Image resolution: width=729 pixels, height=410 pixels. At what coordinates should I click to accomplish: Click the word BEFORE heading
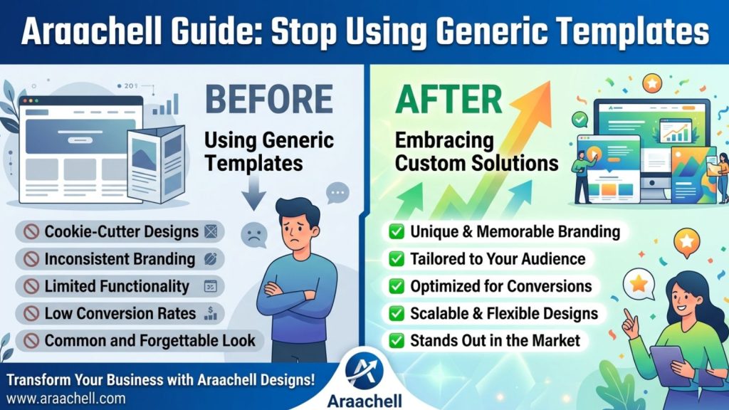268,99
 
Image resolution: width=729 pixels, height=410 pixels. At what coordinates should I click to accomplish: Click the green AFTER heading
449,99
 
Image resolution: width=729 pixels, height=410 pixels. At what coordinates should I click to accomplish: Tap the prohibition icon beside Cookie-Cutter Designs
31,231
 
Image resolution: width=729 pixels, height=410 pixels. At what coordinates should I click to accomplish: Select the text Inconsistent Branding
120,259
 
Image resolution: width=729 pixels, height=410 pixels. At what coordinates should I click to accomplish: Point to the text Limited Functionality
117,286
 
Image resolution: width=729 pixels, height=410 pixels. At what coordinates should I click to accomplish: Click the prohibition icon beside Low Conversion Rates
31,313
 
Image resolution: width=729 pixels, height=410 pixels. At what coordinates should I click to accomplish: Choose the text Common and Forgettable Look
150,341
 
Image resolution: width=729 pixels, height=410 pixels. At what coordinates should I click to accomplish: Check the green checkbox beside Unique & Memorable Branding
397,231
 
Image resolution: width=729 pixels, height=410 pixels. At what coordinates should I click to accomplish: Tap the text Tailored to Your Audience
498,259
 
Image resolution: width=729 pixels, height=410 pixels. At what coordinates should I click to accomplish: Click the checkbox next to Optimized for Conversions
397,286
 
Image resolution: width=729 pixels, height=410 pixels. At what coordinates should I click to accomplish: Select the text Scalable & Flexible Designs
504,314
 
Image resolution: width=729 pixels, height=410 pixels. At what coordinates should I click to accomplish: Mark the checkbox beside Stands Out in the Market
397,341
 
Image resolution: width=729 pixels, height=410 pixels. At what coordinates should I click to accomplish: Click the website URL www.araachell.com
66,399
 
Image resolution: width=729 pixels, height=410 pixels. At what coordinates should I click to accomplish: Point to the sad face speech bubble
254,235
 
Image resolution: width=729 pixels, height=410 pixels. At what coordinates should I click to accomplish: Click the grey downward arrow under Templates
254,193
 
